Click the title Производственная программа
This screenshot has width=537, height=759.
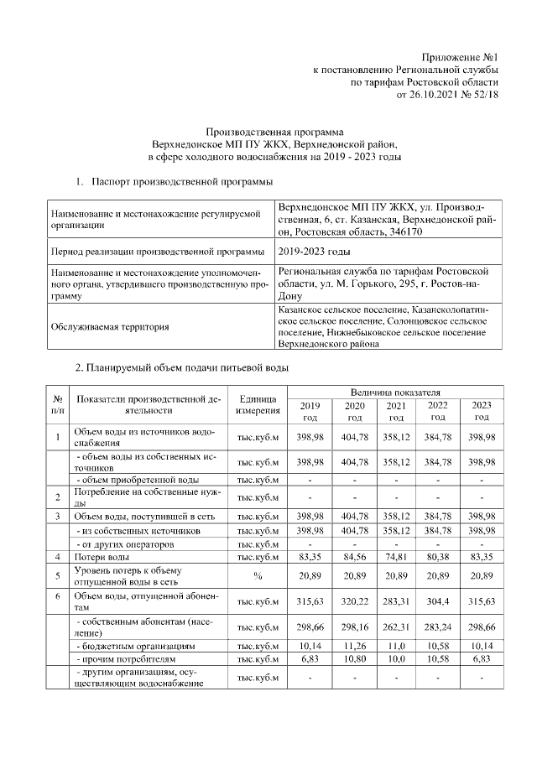point(275,132)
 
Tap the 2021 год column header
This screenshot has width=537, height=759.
point(396,411)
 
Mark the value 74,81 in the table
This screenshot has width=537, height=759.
point(396,557)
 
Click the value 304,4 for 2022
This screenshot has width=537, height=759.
point(438,601)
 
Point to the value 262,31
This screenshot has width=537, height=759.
point(396,626)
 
